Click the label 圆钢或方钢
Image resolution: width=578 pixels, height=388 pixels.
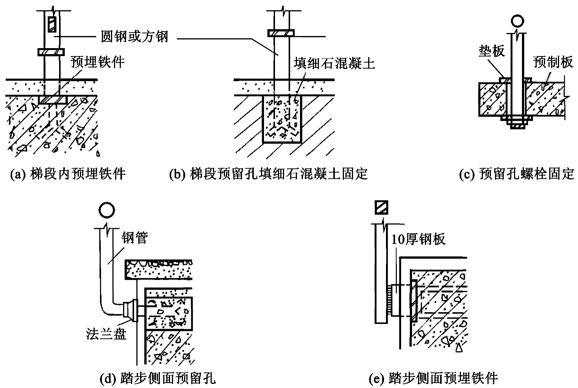(x=134, y=37)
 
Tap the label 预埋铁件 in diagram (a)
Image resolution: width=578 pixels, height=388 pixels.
(x=98, y=62)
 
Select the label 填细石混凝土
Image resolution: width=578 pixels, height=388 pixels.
(x=334, y=63)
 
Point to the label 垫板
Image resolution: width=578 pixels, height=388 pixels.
(x=492, y=51)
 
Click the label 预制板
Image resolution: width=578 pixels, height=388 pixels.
(x=553, y=62)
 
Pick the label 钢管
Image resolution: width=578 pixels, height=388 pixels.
(x=135, y=238)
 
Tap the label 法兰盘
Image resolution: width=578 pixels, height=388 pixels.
(x=106, y=334)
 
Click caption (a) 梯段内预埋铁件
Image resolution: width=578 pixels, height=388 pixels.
(x=67, y=174)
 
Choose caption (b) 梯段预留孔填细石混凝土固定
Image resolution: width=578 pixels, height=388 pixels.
(x=268, y=174)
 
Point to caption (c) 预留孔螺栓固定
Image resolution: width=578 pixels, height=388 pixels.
(x=517, y=174)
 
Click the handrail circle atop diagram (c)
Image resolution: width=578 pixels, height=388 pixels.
(x=517, y=21)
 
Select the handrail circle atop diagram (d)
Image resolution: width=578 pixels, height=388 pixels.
(x=106, y=210)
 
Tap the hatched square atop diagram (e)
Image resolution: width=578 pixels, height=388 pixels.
(x=381, y=208)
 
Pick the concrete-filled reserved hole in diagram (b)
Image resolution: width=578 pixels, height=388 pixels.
(x=282, y=119)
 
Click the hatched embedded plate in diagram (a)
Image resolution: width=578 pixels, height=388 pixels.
(x=53, y=100)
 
